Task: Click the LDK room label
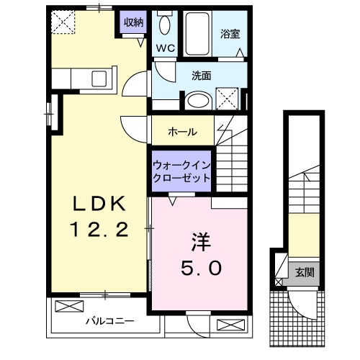point(100,205)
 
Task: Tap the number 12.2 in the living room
point(100,230)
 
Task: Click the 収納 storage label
point(134,22)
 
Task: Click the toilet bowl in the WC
point(164,26)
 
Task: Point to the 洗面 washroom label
point(201,75)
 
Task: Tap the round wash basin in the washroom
point(194,102)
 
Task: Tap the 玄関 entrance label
point(303,272)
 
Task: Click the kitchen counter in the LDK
point(87,78)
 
